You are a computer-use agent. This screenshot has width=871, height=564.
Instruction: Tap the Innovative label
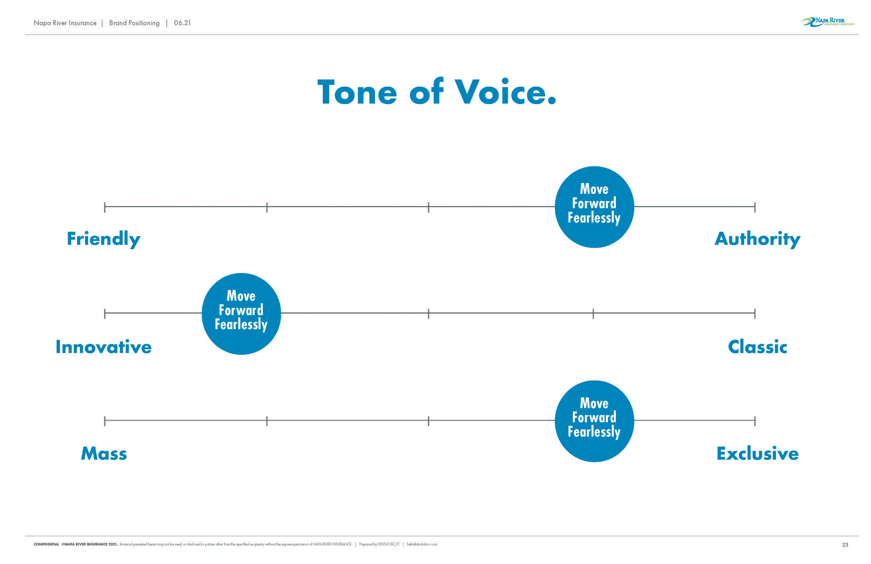(103, 347)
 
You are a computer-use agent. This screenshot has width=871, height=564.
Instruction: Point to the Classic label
(757, 347)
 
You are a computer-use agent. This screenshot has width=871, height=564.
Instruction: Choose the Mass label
(104, 454)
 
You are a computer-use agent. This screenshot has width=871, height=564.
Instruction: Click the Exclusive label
(757, 454)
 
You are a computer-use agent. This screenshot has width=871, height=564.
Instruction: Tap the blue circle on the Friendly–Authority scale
(594, 207)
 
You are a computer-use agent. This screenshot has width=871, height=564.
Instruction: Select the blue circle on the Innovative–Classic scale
(241, 314)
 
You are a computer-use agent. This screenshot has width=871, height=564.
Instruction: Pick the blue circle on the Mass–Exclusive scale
(594, 421)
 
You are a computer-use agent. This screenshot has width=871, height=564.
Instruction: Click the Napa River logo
(828, 22)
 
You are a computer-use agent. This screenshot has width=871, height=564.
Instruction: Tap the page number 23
(845, 545)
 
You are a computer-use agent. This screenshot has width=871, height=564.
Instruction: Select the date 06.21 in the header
(182, 23)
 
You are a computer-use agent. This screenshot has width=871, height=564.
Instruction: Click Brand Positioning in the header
(134, 23)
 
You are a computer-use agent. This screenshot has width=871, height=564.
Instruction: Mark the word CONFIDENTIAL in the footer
(46, 544)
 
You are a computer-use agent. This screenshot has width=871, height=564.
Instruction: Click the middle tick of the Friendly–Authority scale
(429, 207)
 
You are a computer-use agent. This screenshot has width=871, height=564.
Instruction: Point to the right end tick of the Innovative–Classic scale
(755, 314)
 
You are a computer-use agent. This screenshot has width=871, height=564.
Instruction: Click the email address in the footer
(422, 544)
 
